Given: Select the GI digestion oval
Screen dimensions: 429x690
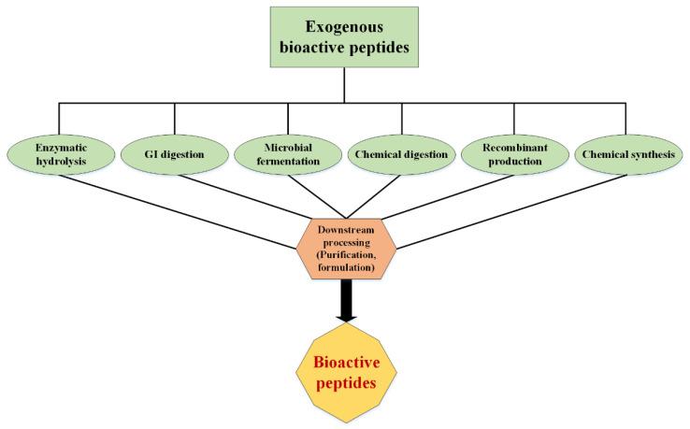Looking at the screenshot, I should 174,154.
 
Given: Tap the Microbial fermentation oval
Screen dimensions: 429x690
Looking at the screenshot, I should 288,154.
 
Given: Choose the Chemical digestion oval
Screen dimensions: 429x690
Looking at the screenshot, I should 402,154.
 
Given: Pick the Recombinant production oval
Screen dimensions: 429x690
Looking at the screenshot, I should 515,154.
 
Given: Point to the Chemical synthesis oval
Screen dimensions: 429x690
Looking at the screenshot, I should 625,154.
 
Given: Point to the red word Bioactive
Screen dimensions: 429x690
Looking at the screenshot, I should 345,359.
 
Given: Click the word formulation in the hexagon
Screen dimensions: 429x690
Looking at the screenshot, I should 345,267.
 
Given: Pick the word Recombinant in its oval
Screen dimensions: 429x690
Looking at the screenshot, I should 515,148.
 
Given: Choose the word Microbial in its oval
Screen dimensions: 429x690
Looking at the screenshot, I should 288,148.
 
